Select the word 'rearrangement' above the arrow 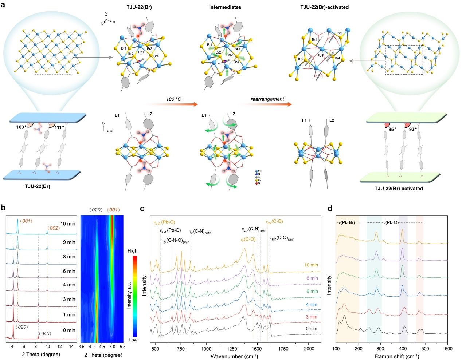[x=267, y=99]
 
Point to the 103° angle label [x=21, y=127]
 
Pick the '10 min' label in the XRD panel [x=68, y=223]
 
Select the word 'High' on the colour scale [x=133, y=251]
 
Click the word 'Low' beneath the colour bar [x=133, y=340]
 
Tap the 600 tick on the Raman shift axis [x=447, y=349]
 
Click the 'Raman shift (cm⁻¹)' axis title [x=392, y=356]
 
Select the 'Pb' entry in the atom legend [x=259, y=171]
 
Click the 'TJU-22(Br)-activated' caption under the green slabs [x=399, y=189]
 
